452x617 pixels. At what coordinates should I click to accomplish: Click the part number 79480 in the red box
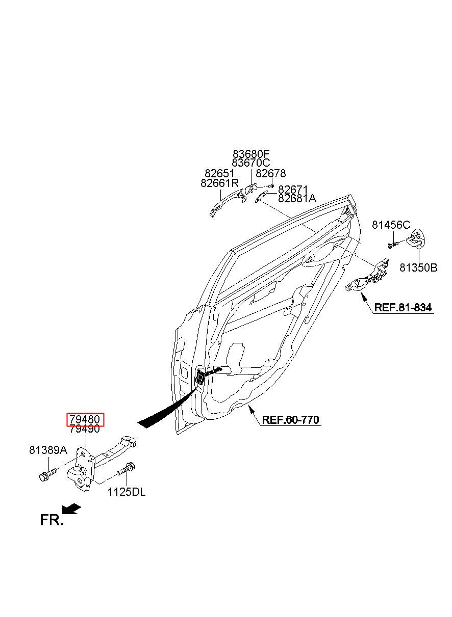[x=85, y=419]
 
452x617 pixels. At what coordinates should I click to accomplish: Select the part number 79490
[x=85, y=429]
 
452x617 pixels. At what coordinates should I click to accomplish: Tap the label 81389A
[x=48, y=450]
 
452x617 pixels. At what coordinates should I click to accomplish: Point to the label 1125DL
[x=127, y=492]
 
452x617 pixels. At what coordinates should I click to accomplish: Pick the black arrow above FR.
[x=71, y=509]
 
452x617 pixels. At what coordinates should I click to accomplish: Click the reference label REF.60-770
[x=290, y=420]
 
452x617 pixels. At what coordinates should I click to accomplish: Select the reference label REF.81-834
[x=403, y=307]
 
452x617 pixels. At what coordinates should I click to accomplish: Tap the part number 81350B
[x=418, y=267]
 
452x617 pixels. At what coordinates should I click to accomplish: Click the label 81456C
[x=391, y=225]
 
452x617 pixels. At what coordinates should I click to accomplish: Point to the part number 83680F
[x=251, y=153]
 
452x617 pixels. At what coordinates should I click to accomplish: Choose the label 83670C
[x=250, y=163]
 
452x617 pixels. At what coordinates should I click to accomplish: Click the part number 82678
[x=271, y=173]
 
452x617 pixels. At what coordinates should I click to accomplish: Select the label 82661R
[x=219, y=183]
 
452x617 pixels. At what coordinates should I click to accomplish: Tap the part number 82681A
[x=297, y=198]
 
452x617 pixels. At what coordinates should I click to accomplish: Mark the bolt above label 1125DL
[x=126, y=468]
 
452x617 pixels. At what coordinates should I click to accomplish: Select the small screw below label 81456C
[x=393, y=245]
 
